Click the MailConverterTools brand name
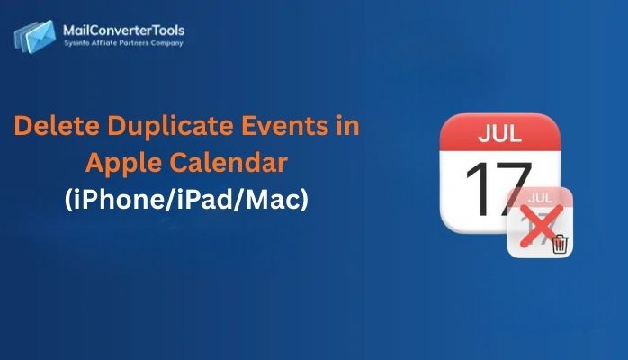pos(124,31)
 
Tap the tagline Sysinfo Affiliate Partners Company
pos(123,42)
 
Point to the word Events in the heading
pos(299,127)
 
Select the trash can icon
pos(559,243)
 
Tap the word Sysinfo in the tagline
pos(76,42)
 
